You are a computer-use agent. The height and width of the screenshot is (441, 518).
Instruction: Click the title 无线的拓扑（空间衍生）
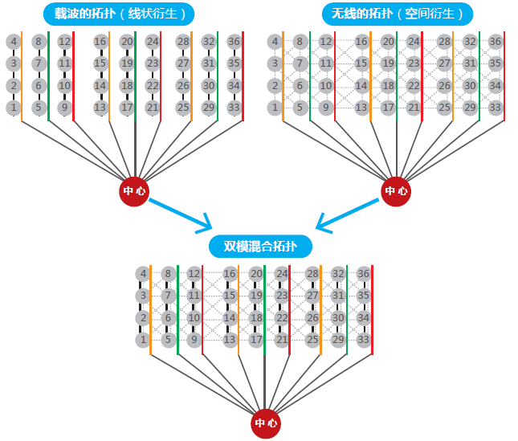(x=397, y=14)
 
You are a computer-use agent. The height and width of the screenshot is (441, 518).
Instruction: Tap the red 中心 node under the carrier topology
(x=134, y=191)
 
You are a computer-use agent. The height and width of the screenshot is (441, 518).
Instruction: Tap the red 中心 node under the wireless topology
(x=395, y=191)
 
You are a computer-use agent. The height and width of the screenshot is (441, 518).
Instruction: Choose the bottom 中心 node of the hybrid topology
(x=266, y=423)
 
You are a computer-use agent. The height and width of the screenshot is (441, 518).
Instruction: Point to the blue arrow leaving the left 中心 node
(x=181, y=213)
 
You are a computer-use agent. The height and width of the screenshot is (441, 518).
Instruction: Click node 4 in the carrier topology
(x=14, y=42)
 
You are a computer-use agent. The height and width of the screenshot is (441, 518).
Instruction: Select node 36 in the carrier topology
(x=235, y=42)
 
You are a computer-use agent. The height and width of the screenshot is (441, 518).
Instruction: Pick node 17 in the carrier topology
(x=127, y=107)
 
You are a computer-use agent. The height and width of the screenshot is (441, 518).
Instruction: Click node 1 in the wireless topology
(x=275, y=107)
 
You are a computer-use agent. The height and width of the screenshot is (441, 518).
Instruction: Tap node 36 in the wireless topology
(x=496, y=42)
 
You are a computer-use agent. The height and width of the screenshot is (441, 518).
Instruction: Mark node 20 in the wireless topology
(x=388, y=42)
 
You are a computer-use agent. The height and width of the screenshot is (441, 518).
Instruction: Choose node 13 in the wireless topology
(x=361, y=107)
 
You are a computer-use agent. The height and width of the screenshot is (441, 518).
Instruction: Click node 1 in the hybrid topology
(x=143, y=340)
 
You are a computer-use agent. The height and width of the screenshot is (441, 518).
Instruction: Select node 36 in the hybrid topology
(x=364, y=275)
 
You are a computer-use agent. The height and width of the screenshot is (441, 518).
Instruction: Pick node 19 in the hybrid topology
(x=256, y=296)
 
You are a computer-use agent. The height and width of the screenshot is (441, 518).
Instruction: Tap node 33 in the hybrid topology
(x=364, y=340)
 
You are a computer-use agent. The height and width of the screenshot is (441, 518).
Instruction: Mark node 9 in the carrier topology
(x=65, y=107)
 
